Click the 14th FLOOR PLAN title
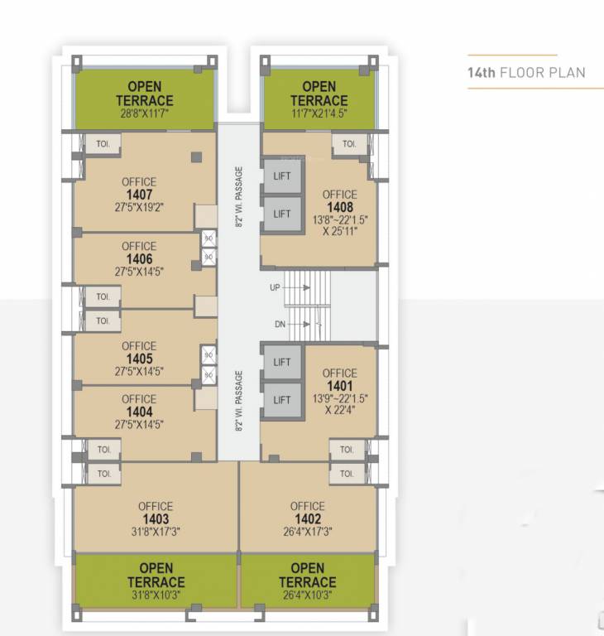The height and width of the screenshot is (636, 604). (x=525, y=73)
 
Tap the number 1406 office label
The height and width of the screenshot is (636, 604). (x=139, y=258)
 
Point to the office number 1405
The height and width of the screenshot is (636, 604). (x=139, y=359)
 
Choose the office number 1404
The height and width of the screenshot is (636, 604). (x=139, y=412)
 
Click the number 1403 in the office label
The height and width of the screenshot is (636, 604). (x=156, y=519)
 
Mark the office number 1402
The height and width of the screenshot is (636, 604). (x=307, y=519)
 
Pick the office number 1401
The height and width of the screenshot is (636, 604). (x=339, y=386)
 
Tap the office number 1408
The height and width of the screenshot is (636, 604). (x=339, y=208)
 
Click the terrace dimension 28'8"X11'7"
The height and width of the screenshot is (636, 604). (x=145, y=115)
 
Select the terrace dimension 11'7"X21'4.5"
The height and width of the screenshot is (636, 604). (x=319, y=115)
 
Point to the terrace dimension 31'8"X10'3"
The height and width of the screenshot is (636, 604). (x=156, y=595)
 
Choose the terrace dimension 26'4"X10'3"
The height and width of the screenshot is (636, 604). (x=307, y=595)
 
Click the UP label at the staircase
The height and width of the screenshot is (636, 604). (x=275, y=287)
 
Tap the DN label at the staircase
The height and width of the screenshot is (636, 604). (x=280, y=324)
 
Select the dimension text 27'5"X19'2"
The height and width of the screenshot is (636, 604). (x=138, y=209)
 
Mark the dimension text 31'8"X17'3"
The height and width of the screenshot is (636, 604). (x=156, y=532)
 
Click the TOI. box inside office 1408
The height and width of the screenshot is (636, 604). (x=349, y=144)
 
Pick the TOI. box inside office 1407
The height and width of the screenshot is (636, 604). (x=103, y=142)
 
